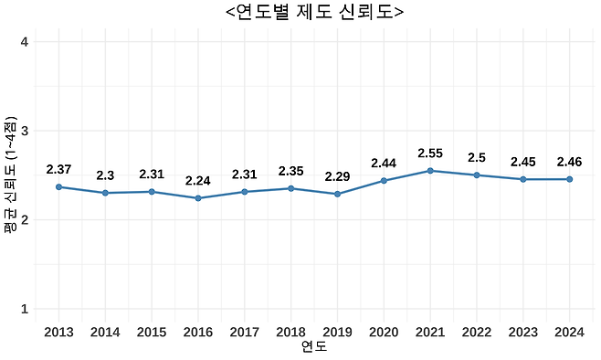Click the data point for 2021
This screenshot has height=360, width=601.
[430, 171]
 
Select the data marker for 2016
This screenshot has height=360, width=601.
[198, 198]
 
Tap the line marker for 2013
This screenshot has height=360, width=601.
[58, 186]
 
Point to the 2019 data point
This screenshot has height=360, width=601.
[337, 194]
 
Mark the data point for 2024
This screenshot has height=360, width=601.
[570, 179]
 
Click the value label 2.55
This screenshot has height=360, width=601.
[430, 154]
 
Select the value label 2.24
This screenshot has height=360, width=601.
[198, 181]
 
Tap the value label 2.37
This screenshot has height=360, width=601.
[58, 169]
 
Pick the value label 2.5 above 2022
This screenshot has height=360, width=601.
[477, 158]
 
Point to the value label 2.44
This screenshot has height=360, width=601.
[384, 164]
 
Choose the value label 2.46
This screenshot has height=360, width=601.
[570, 162]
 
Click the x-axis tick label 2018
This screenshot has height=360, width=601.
[290, 332]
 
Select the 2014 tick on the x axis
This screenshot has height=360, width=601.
[105, 332]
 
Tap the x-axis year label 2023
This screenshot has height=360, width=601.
[523, 332]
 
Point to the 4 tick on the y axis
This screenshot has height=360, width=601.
[23, 42]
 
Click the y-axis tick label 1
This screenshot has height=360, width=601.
[23, 310]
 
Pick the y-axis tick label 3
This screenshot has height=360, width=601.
[23, 131]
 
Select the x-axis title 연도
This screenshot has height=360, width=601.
[314, 348]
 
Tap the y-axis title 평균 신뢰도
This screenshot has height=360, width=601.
[10, 175]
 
